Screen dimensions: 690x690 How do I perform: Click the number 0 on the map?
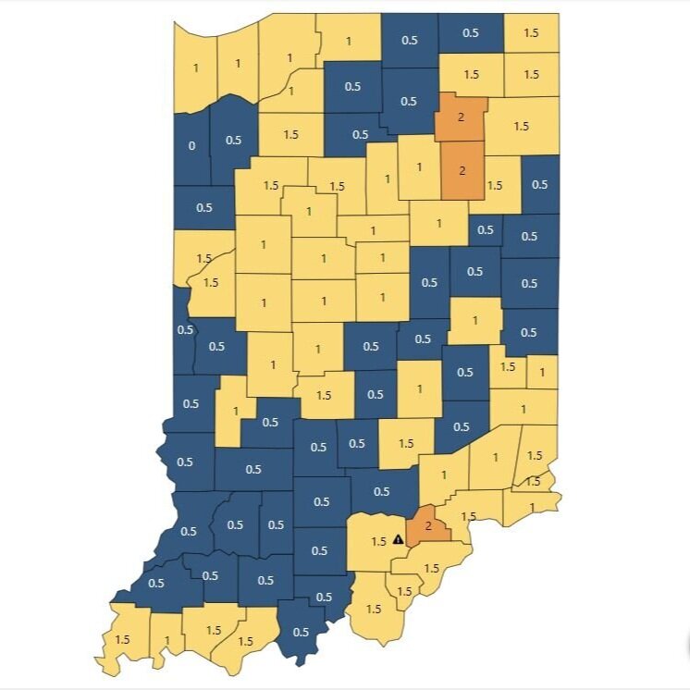[191, 145]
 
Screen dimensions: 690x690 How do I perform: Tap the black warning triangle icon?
[398, 538]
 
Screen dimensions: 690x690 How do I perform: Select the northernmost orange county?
[461, 117]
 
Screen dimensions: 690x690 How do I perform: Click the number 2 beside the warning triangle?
[427, 525]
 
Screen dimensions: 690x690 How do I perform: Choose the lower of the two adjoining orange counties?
[462, 171]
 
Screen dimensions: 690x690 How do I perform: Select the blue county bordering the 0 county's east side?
[232, 140]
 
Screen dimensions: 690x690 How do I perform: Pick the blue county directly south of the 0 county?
[203, 207]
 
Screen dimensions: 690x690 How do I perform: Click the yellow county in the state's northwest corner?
[195, 67]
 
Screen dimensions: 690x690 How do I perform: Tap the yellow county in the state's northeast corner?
[531, 33]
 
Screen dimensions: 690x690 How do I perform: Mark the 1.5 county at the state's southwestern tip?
[122, 639]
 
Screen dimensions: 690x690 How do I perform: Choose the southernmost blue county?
[302, 633]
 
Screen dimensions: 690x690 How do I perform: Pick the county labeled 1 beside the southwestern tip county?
[166, 639]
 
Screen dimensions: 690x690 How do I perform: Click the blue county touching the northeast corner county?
[471, 33]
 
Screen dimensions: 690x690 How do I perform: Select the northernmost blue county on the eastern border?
[540, 184]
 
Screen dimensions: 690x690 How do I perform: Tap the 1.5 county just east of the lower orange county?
[495, 185]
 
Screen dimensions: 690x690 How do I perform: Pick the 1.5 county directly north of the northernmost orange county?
[472, 74]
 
